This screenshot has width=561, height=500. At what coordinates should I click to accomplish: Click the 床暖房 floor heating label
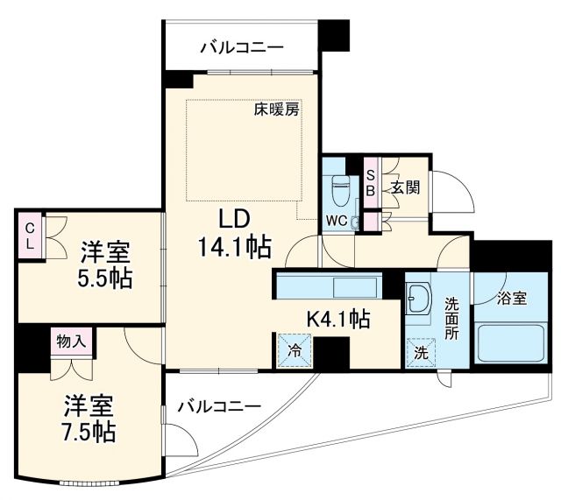(x=277, y=110)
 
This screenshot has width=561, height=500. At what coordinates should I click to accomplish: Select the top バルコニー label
(x=241, y=46)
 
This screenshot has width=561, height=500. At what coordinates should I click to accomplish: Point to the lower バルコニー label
(x=219, y=406)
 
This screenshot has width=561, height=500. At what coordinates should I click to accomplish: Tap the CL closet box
(x=29, y=236)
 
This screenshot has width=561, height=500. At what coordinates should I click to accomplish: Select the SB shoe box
(x=370, y=181)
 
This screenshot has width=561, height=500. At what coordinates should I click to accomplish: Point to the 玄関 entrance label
(x=405, y=187)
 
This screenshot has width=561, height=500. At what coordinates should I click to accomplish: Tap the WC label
(x=336, y=221)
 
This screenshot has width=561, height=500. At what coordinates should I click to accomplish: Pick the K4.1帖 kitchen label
(x=337, y=319)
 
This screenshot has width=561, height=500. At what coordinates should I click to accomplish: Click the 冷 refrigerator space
(x=292, y=350)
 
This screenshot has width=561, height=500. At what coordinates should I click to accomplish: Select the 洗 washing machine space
(x=421, y=353)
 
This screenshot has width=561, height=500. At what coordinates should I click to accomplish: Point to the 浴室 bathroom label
(x=511, y=298)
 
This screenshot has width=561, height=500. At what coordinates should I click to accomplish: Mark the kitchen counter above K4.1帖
(x=327, y=286)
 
